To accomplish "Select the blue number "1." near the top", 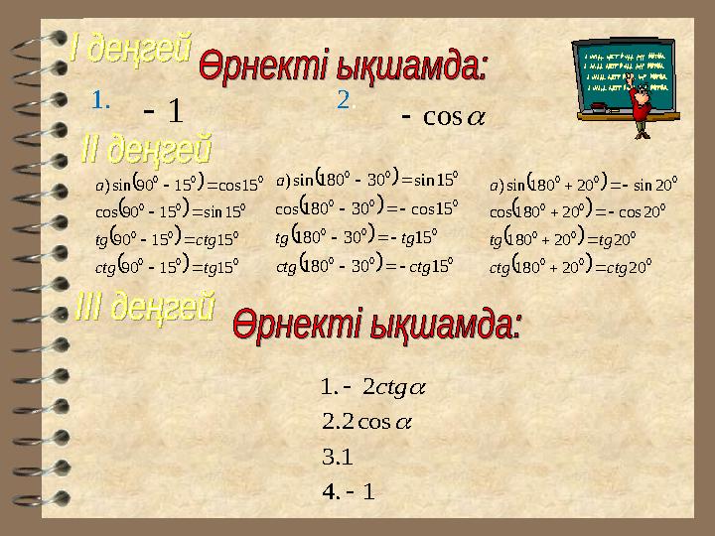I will (99, 99).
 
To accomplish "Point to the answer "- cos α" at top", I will (446, 117).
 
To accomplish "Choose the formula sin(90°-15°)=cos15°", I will (178, 185).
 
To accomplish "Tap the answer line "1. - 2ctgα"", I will (366, 385).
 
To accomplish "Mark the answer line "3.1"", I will (338, 460).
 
